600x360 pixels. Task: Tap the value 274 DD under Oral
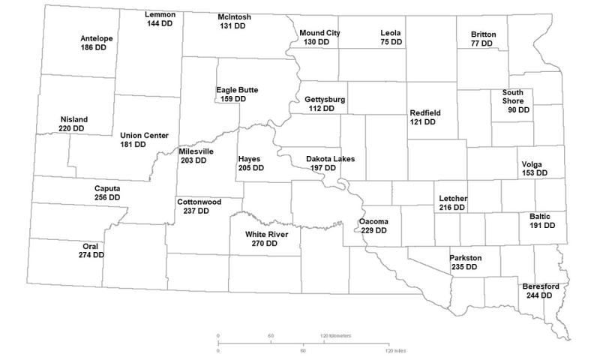[x=91, y=255]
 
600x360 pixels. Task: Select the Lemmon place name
[x=160, y=15]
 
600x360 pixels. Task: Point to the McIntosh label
[x=234, y=16]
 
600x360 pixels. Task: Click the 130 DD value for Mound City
[x=315, y=42]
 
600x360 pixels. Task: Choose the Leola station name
[x=391, y=33]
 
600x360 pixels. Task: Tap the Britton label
[x=483, y=34]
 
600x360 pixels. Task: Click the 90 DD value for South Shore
[x=517, y=109]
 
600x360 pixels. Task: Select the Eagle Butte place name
[x=237, y=90]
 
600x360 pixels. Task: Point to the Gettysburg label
[x=325, y=99]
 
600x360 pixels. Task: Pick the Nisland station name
[x=73, y=119]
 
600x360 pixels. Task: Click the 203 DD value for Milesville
[x=193, y=160]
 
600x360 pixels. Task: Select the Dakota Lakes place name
[x=330, y=159]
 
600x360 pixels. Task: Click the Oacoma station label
[x=373, y=221]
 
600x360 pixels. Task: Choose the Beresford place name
[x=540, y=286]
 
